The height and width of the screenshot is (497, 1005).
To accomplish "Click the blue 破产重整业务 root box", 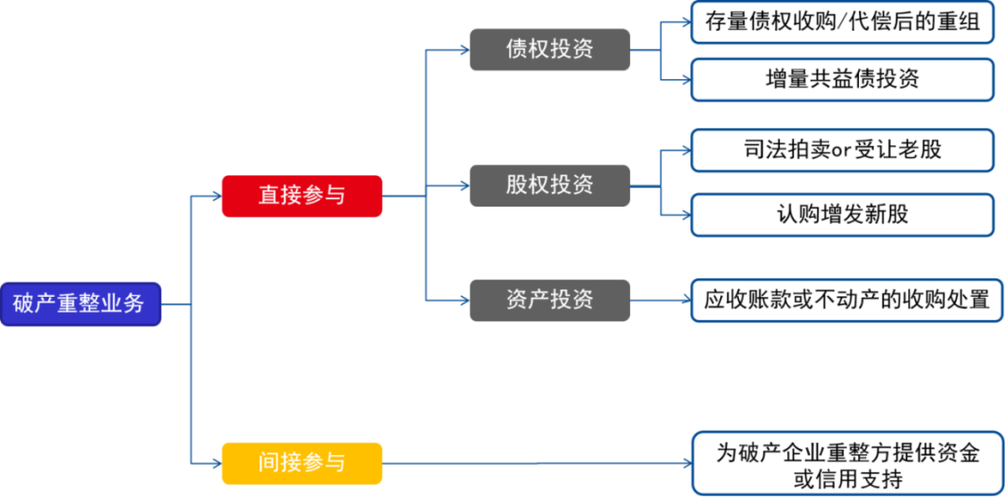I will click(80, 303).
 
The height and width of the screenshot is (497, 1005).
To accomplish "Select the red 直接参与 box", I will click(301, 195).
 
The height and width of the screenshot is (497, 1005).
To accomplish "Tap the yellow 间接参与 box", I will click(301, 463).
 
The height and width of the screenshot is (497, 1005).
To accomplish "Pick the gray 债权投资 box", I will click(549, 49).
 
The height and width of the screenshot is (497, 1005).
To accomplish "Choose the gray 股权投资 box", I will click(549, 185).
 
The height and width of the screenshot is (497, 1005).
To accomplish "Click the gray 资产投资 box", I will click(549, 300).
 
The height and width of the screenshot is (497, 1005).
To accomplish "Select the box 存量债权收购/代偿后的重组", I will click(841, 22).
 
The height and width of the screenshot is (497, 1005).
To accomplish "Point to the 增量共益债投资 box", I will click(841, 79).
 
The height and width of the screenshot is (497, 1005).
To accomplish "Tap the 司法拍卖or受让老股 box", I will click(841, 150).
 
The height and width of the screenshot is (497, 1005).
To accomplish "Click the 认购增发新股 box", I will click(841, 214).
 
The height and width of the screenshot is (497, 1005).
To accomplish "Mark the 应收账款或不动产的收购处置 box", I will click(846, 301).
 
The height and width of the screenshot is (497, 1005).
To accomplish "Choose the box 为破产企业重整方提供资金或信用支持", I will click(847, 464).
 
